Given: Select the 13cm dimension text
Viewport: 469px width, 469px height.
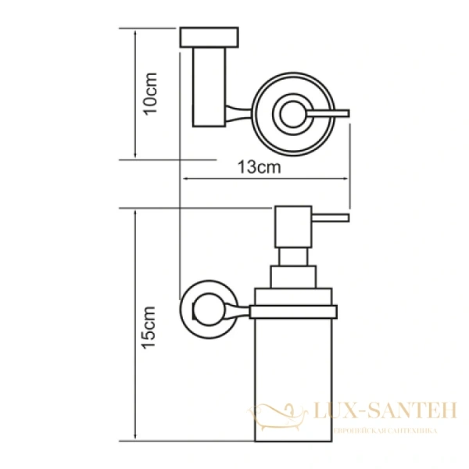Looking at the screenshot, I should tap(258, 167).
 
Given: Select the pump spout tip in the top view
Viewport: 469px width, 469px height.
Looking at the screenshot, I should tap(344, 115).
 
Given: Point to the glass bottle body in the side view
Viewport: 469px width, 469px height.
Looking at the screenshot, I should tap(294, 383).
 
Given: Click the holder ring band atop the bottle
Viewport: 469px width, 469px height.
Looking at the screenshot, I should tap(294, 311).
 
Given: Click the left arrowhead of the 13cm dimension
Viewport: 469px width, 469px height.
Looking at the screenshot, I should tap(186, 179).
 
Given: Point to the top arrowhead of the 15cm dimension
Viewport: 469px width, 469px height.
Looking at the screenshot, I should tap(135, 213).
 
